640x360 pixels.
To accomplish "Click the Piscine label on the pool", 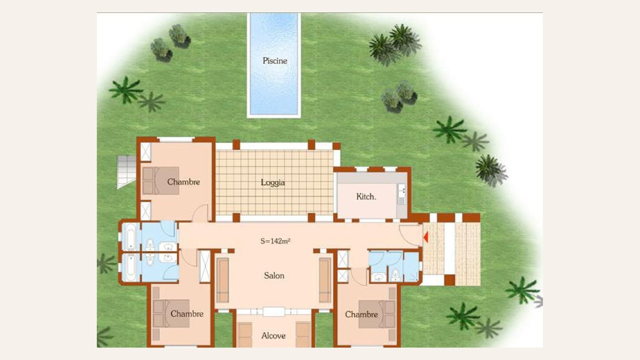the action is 275,61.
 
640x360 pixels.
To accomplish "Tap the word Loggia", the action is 273,182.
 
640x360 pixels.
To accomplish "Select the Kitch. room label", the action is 366,196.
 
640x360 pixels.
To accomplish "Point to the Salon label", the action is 274,276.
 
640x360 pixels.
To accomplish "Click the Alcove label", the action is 274,336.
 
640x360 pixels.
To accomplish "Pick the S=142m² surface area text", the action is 275,242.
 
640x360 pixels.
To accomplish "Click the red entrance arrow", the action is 426,237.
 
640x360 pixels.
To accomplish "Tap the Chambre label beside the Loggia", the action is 184,182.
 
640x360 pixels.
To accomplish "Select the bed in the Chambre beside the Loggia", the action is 160,181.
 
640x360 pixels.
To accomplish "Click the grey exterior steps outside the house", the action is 126,172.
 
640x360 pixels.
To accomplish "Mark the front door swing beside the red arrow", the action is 410,236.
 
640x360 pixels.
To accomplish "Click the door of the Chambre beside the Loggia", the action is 200,214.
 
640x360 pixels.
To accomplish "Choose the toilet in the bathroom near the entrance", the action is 396,275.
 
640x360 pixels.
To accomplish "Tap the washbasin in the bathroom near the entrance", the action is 379,276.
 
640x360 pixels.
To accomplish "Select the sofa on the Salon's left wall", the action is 222,280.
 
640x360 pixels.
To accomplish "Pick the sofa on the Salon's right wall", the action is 325,280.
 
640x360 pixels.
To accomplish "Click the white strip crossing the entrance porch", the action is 450,248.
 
